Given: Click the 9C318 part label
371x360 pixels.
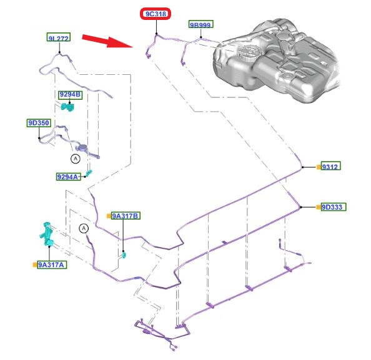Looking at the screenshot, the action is [x=156, y=14].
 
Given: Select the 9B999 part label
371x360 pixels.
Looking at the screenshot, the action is [x=201, y=24].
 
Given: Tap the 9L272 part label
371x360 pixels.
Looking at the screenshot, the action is [x=59, y=37].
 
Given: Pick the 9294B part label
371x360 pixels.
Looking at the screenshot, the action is [x=71, y=95].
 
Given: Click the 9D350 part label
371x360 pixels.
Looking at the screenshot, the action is [x=39, y=123].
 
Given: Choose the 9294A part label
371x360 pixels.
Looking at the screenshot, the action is [x=68, y=177].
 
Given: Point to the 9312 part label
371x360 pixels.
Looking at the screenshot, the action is [x=331, y=166].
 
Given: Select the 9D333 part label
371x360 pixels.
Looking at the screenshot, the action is [x=334, y=207].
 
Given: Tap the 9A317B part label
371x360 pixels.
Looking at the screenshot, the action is [x=126, y=216].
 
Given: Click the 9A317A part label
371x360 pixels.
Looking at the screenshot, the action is [x=52, y=265].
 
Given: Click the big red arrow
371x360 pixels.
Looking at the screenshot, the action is [x=107, y=41].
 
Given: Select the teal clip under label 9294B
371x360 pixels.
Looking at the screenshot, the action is [x=67, y=107].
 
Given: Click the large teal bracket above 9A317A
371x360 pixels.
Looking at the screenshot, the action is [x=47, y=233].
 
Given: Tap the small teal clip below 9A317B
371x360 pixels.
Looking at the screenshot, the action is [x=124, y=255].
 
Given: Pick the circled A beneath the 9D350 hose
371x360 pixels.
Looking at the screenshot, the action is [x=76, y=158].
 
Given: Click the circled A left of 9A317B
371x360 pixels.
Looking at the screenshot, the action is [x=84, y=228].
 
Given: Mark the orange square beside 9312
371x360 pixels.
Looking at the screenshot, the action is [x=319, y=167].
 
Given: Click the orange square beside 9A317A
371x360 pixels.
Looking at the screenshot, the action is [x=35, y=265].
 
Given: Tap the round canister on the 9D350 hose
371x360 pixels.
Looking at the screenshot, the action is [x=83, y=148].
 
